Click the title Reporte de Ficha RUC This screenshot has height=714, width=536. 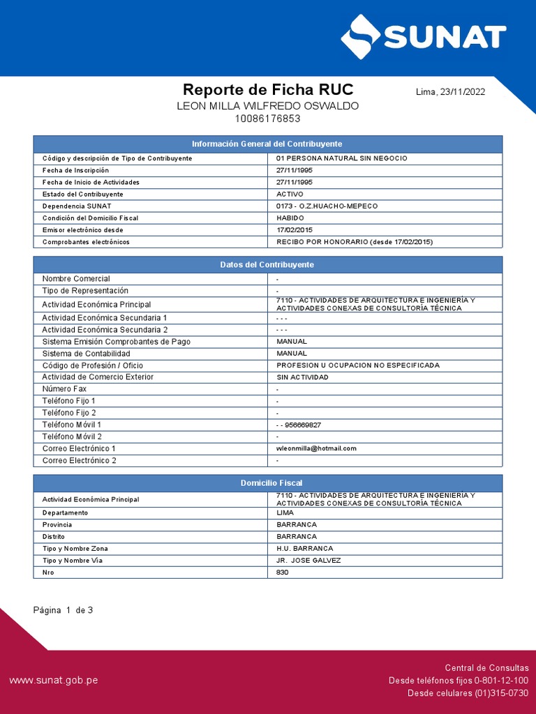pos(268,89)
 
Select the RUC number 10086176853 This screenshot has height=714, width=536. pos(268,119)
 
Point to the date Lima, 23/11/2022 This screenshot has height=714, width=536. pos(450,91)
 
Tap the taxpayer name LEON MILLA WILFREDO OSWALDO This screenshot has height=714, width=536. pos(268,106)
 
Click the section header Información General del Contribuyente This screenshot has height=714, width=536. pos(267,144)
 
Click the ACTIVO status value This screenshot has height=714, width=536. pos(290,194)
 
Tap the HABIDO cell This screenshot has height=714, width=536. pos(290,218)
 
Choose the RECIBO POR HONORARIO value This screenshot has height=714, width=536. pos(355,242)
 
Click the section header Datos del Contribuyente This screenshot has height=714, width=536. pos(267,265)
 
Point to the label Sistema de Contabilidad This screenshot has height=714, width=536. pos(86,354)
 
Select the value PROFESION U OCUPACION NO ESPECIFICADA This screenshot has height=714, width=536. pos(358,365)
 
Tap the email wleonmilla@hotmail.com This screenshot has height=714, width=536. pos(316,448)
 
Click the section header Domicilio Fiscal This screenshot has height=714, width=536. pos(267,483)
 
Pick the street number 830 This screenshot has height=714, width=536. pos(283,572)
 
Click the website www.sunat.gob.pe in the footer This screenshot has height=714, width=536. pos(53,680)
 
